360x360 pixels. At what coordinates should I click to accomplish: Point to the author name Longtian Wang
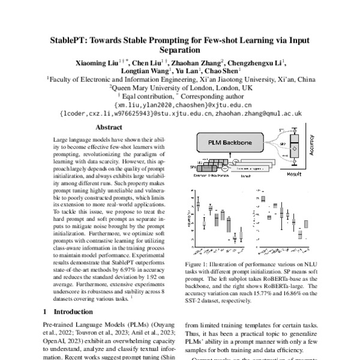pos(143,70)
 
